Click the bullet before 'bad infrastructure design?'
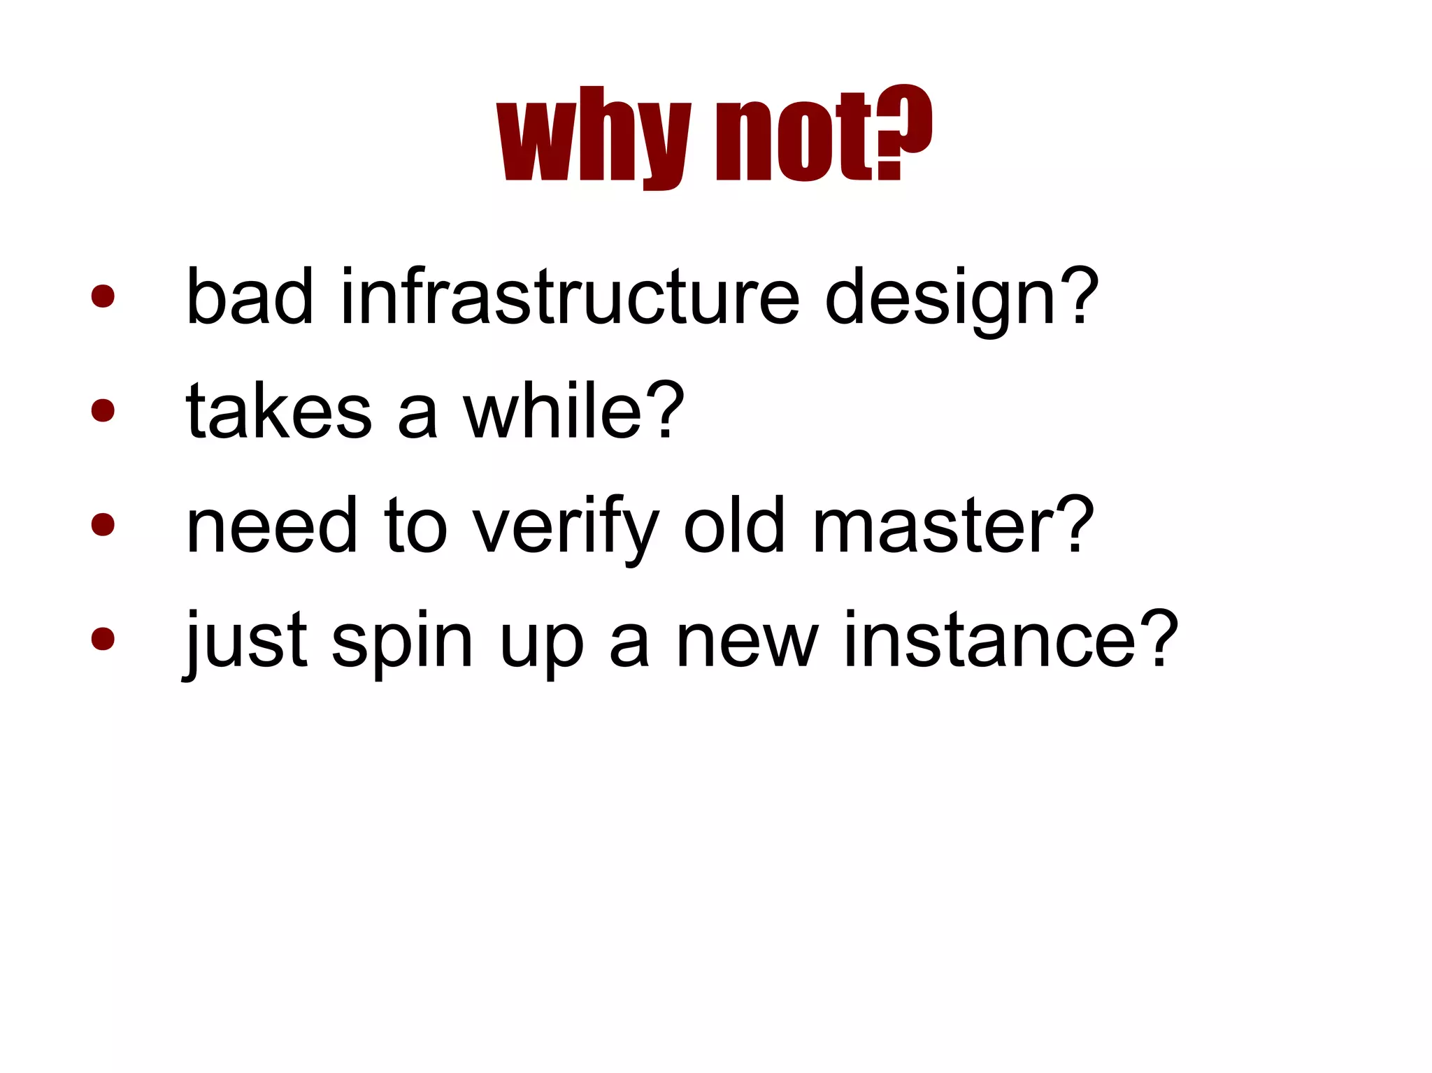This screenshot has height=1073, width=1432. pyautogui.click(x=103, y=296)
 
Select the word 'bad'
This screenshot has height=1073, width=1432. pyautogui.click(x=250, y=296)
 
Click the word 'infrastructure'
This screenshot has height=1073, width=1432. pyautogui.click(x=570, y=296)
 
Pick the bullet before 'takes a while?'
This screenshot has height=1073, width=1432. pyautogui.click(x=103, y=410)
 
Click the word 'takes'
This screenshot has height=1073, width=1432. pyautogui.click(x=278, y=412)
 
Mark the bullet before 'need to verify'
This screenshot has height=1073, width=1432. pyautogui.click(x=103, y=524)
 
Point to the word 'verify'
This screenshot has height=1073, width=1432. pyautogui.click(x=566, y=528)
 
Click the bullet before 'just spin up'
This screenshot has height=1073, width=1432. pyautogui.click(x=103, y=638)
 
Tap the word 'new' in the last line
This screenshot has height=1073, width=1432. pyautogui.click(x=747, y=640)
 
